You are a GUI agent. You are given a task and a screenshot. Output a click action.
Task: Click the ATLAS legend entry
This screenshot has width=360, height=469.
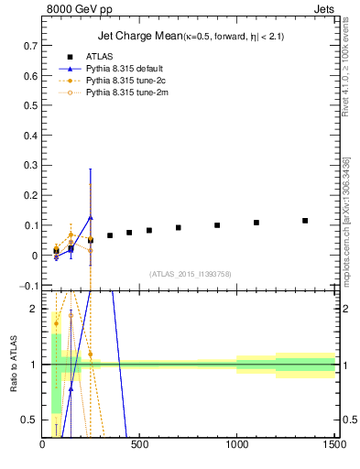100,57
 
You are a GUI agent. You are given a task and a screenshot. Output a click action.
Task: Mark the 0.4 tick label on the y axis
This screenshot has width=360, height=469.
30,135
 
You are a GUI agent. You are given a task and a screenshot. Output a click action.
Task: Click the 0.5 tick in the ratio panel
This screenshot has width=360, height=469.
30,420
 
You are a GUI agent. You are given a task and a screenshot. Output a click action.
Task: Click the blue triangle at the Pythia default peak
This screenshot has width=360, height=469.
91,217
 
